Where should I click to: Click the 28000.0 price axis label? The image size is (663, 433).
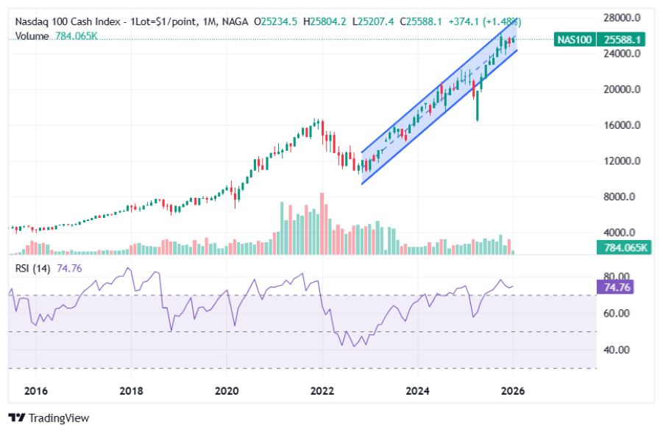coord(620,18)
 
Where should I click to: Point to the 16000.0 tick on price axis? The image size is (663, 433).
coord(620,125)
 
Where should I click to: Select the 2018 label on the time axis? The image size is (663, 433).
coord(131,391)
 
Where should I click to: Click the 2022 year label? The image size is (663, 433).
coord(322,391)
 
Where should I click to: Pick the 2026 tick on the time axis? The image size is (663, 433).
coord(513,391)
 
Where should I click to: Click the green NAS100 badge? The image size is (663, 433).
coord(575,39)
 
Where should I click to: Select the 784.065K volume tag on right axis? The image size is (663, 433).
coord(622,247)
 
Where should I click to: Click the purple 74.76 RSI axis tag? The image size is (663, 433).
coord(618,287)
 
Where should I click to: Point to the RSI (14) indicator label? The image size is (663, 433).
coord(32,269)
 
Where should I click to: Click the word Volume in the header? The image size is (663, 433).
coord(32,35)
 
